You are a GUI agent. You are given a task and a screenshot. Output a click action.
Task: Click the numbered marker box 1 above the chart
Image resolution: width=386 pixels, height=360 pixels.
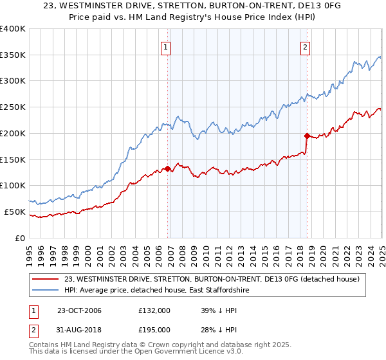[x=166, y=46]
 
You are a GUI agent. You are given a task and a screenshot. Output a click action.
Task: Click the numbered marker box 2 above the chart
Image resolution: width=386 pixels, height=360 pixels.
[x=305, y=46]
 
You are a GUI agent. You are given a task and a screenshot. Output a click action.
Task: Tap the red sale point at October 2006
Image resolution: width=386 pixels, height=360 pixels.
[x=168, y=169]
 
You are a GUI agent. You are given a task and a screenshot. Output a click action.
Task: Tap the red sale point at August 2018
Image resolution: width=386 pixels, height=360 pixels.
[x=307, y=136]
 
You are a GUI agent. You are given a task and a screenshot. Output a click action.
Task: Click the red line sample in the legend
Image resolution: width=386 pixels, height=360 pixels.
[x=45, y=279]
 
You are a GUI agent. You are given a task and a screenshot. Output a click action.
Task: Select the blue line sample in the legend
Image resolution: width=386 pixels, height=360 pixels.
[x=45, y=291]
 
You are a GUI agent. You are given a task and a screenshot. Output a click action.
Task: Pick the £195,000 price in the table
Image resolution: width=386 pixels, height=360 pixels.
[x=154, y=330]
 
